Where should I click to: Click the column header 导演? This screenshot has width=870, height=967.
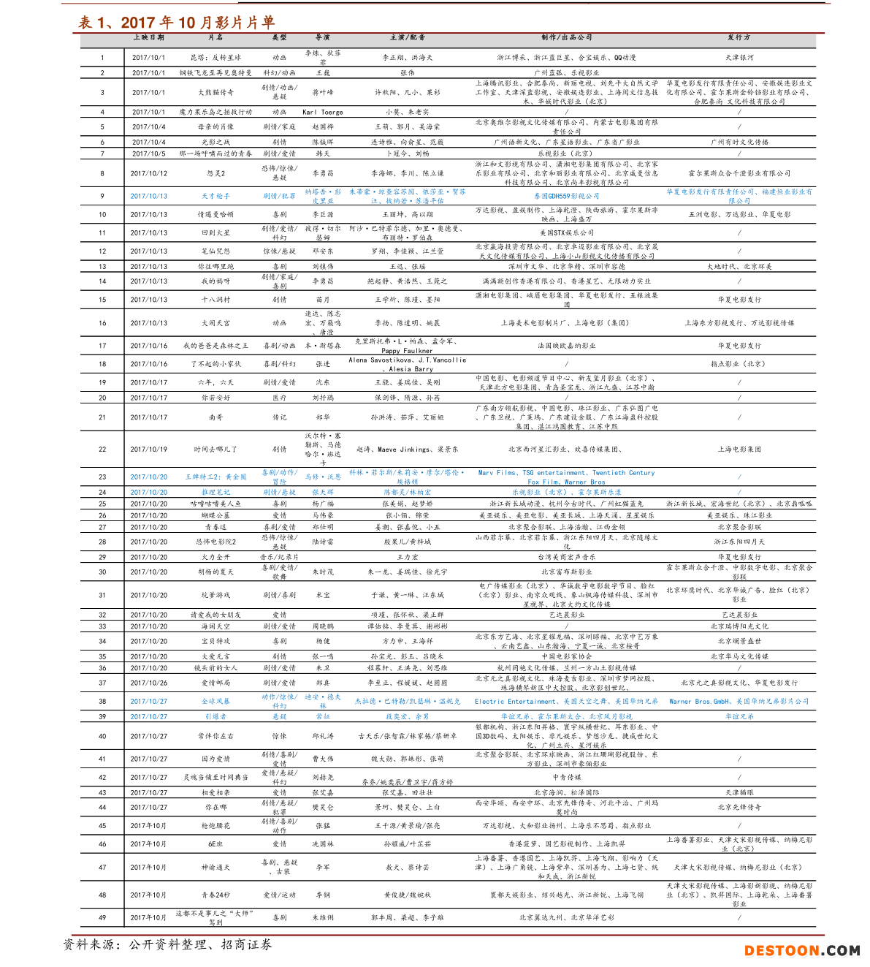[322, 37]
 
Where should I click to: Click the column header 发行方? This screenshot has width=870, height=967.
[739, 37]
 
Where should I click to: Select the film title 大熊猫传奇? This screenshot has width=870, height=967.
[215, 93]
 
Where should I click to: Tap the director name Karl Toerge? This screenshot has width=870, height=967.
[322, 113]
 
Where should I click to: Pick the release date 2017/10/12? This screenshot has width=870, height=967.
[149, 174]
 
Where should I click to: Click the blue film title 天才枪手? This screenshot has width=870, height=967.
[215, 196]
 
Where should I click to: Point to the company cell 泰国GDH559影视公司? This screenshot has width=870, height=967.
[566, 196]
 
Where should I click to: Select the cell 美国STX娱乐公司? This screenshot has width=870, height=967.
[566, 233]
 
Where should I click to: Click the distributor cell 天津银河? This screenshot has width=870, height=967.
[739, 58]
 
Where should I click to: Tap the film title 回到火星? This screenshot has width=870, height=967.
[215, 233]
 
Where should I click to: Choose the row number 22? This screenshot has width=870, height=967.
[102, 450]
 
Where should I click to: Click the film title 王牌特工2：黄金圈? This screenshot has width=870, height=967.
[215, 477]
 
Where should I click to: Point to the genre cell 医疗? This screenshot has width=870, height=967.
[279, 398]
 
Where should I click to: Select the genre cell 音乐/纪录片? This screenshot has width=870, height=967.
[279, 558]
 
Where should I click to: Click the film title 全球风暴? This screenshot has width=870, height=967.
[215, 702]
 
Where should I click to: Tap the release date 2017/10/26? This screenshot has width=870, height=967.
[149, 683]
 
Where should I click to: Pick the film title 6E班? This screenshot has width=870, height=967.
[215, 844]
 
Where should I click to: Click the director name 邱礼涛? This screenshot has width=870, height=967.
[322, 737]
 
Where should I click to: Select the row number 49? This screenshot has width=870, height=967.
[102, 918]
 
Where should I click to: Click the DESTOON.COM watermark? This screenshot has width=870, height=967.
[801, 951]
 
